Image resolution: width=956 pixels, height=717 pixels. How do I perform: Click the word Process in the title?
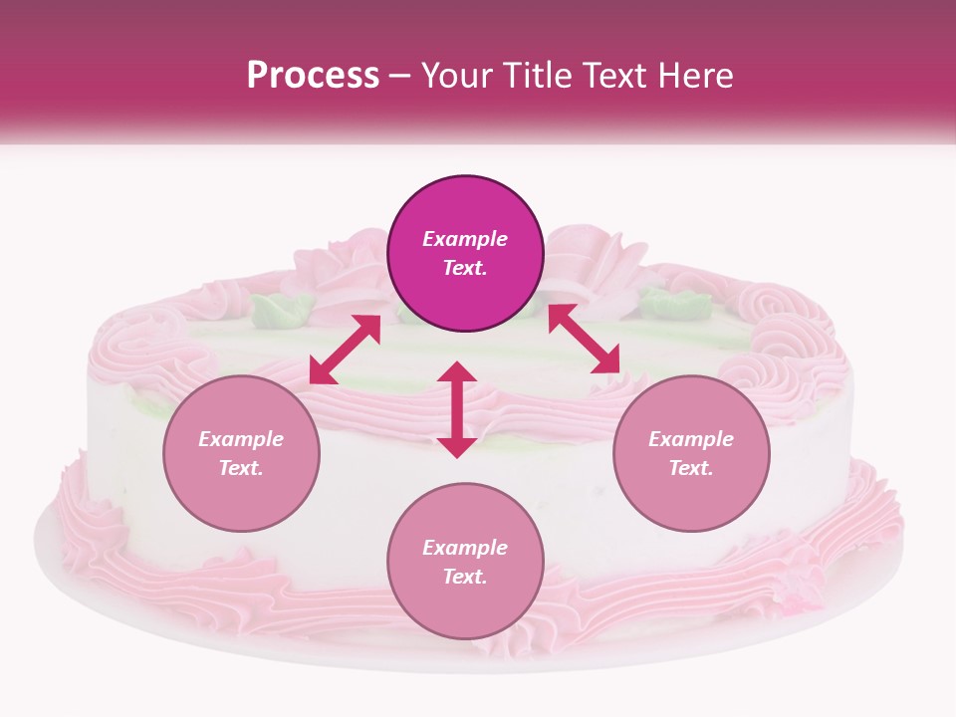pos(313,76)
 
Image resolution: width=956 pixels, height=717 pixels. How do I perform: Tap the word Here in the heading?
pos(695,76)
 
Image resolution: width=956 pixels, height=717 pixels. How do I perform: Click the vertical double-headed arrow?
pos(457,409)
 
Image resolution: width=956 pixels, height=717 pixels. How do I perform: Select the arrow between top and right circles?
pos(584,339)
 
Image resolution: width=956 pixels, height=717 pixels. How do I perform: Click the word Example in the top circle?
pos(465,239)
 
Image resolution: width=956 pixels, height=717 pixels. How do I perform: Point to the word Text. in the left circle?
pos(241,468)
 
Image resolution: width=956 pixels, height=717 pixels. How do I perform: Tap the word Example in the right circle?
pos(691,439)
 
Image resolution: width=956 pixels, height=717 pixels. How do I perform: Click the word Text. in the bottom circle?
pos(465,577)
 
